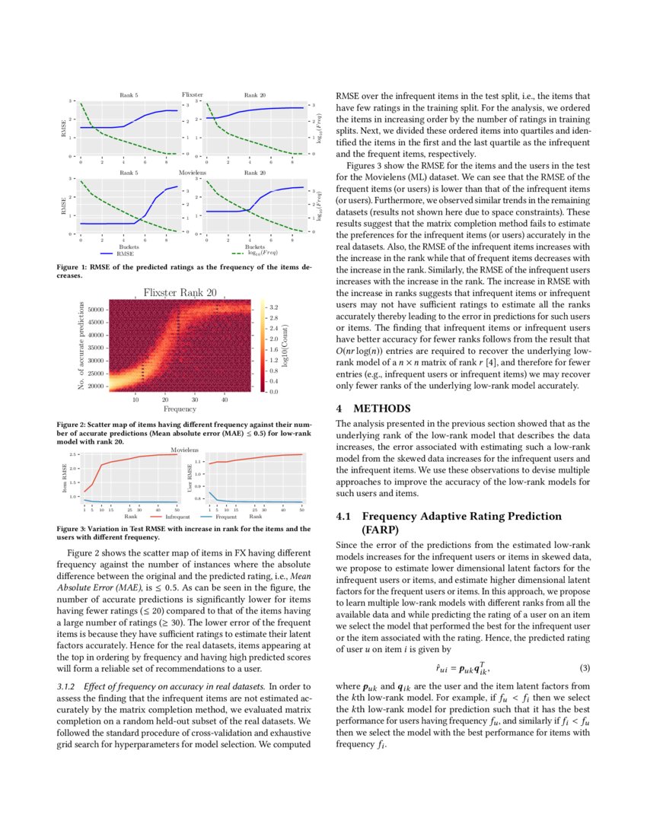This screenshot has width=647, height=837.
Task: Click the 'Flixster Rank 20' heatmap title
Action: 180,292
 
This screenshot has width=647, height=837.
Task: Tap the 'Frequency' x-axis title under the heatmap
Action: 180,409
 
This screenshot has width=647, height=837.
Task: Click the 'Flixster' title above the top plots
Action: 193,94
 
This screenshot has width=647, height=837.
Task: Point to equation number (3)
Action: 585,668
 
